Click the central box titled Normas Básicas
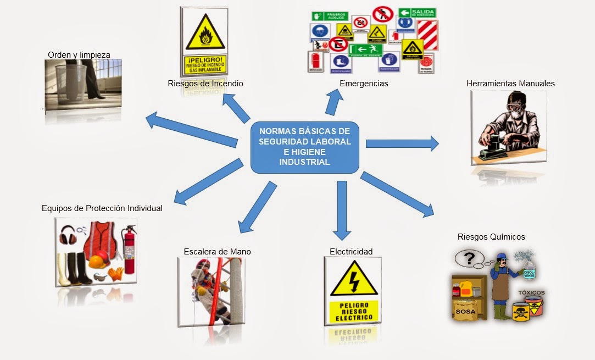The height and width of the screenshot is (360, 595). [x=304, y=147]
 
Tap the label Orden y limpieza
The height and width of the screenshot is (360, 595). [x=79, y=54]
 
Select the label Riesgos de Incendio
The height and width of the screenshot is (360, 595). [x=205, y=84]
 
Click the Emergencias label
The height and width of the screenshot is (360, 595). [x=364, y=84]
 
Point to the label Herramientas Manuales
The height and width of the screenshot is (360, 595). [x=510, y=84]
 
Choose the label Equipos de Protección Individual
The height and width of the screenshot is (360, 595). [x=102, y=208]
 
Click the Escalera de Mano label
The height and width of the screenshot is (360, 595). [x=217, y=251]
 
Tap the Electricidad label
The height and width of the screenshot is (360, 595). [x=351, y=251]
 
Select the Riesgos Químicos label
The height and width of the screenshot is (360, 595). [x=491, y=237]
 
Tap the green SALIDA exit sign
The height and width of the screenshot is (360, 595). [x=417, y=13]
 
